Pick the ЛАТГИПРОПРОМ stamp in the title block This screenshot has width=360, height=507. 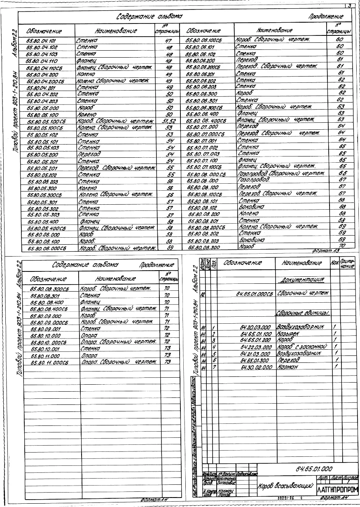tap(337, 490)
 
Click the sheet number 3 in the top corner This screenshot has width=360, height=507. tap(349, 6)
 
